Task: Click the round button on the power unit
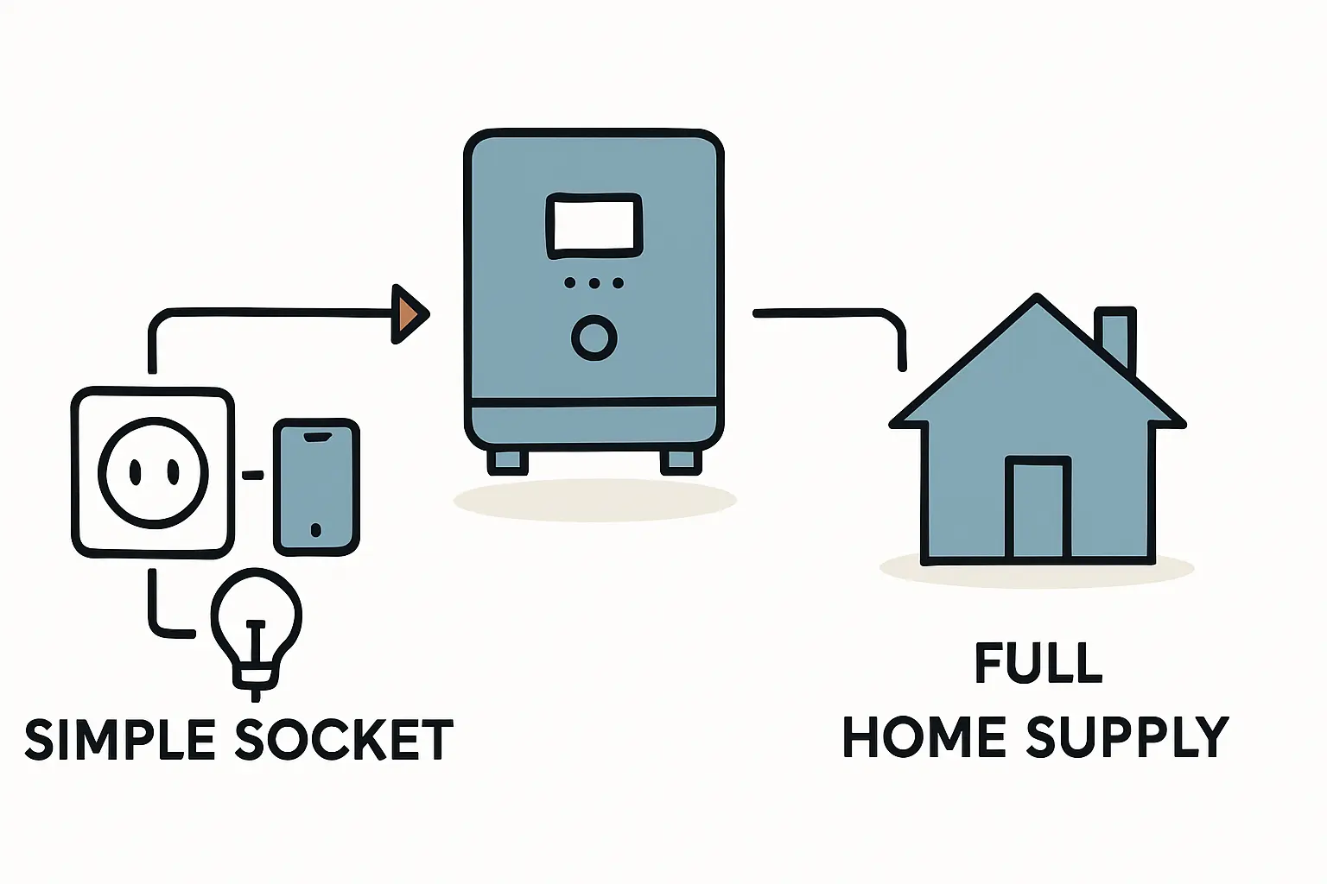pyautogui.click(x=594, y=337)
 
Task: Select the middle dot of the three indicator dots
pyautogui.click(x=594, y=282)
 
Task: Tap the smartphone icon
pyautogui.click(x=316, y=487)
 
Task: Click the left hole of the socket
pyautogui.click(x=136, y=472)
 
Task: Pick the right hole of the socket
pyautogui.click(x=173, y=472)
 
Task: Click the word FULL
pyautogui.click(x=1038, y=662)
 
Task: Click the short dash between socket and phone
pyautogui.click(x=252, y=475)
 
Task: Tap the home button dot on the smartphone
pyautogui.click(x=315, y=529)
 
